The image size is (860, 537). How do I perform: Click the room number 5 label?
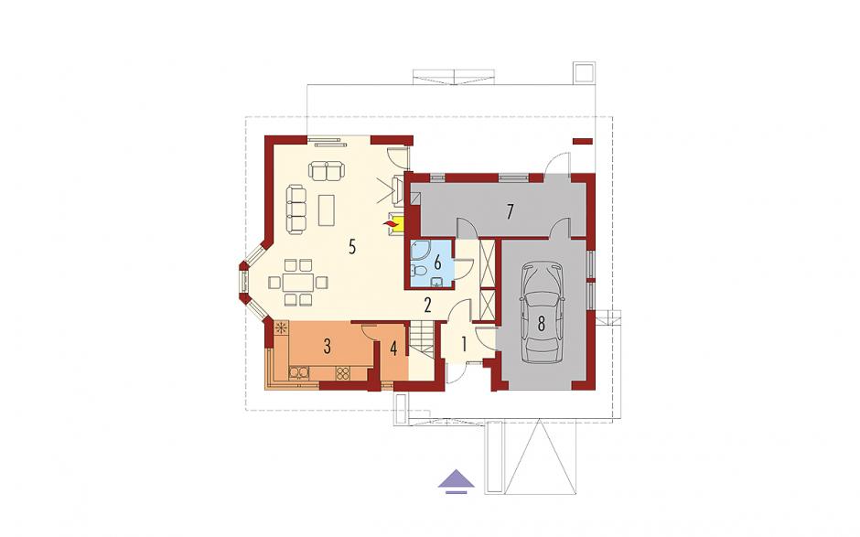coord(352,247)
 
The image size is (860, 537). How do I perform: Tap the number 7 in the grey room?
coord(511,211)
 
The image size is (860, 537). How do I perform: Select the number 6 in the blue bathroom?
coord(437,263)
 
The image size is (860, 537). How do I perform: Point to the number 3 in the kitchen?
coord(327,346)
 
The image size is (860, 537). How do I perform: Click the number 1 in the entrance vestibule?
coord(464,345)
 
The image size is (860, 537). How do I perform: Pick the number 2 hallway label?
coord(427,305)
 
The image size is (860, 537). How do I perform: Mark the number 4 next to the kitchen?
coord(393,348)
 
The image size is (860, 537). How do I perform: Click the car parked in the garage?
coord(542,313)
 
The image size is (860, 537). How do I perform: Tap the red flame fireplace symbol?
coord(391,223)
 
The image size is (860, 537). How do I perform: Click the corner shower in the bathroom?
coord(422,252)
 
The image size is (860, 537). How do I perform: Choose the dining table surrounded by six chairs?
coord(298,283)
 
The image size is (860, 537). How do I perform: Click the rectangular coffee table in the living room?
coord(327,209)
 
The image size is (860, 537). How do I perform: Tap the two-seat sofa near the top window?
coord(327,170)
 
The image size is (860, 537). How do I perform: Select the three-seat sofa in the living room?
coord(296,209)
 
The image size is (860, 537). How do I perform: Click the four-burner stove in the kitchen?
coord(343,373)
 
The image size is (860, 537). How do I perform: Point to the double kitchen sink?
coord(299,373)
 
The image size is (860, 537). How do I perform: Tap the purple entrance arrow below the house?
coord(457,480)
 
